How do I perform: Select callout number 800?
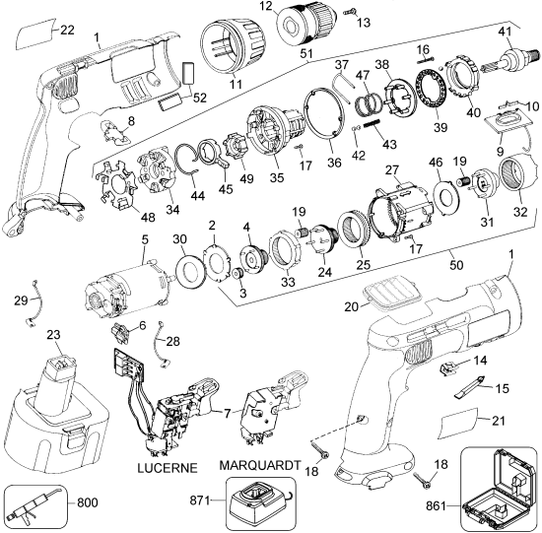tap(87, 501)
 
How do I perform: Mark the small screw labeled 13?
tap(349, 12)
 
